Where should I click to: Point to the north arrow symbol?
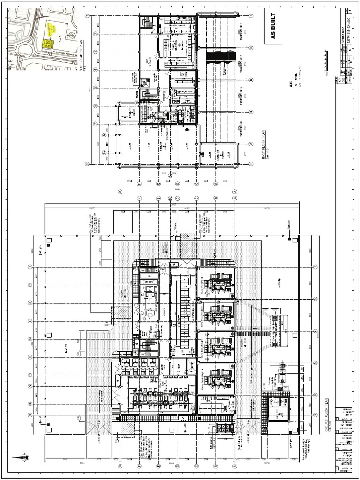point(20,457)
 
